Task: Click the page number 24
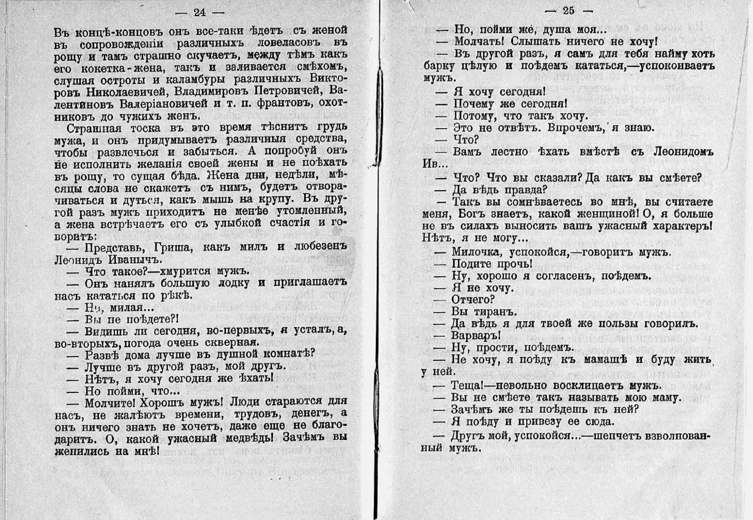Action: click(200, 13)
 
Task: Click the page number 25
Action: click(568, 11)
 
